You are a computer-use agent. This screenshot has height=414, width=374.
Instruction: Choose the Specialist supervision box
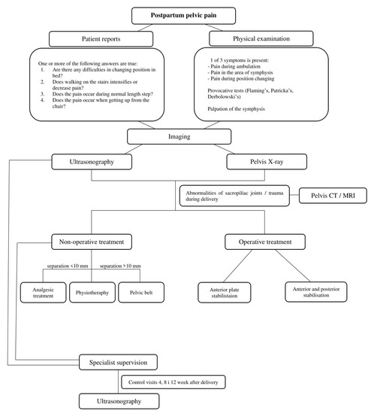coord(120,364)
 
